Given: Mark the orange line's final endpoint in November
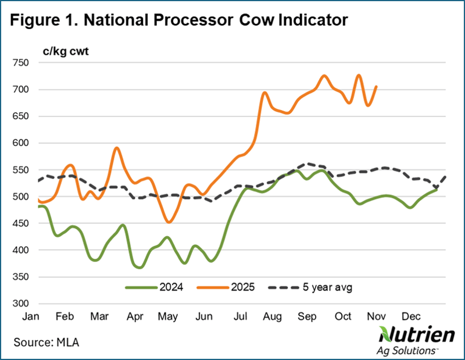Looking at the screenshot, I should (377, 87).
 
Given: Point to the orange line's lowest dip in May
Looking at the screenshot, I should (169, 222).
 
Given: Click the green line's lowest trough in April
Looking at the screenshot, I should (140, 268).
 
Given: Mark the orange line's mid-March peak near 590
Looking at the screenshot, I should (117, 148).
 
